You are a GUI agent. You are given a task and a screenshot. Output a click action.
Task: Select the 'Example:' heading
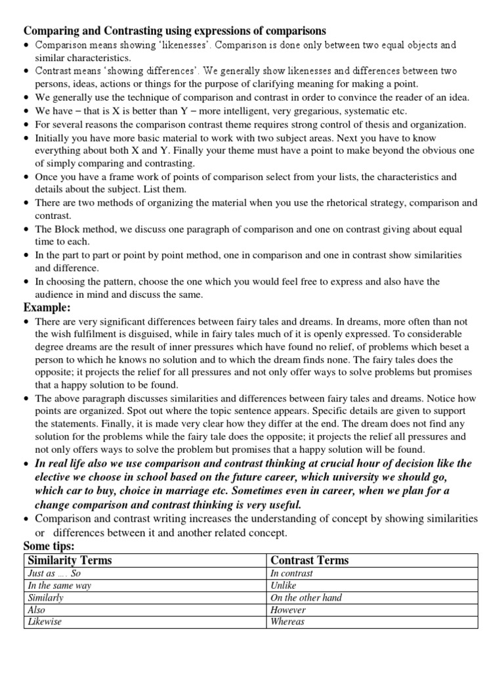(47, 308)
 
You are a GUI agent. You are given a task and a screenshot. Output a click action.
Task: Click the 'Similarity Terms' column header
(70, 560)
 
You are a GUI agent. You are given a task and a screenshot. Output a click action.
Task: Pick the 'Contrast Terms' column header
(309, 560)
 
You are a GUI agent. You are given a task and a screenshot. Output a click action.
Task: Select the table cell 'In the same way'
(60, 586)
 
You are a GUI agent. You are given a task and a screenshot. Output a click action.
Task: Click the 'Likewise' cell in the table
(45, 622)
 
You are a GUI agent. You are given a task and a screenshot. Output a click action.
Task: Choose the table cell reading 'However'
(288, 610)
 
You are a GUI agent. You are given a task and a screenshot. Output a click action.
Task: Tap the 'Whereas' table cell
(287, 622)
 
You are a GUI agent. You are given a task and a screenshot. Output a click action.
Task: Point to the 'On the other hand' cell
(306, 598)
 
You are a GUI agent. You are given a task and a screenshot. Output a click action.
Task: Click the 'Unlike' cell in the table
(283, 586)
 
